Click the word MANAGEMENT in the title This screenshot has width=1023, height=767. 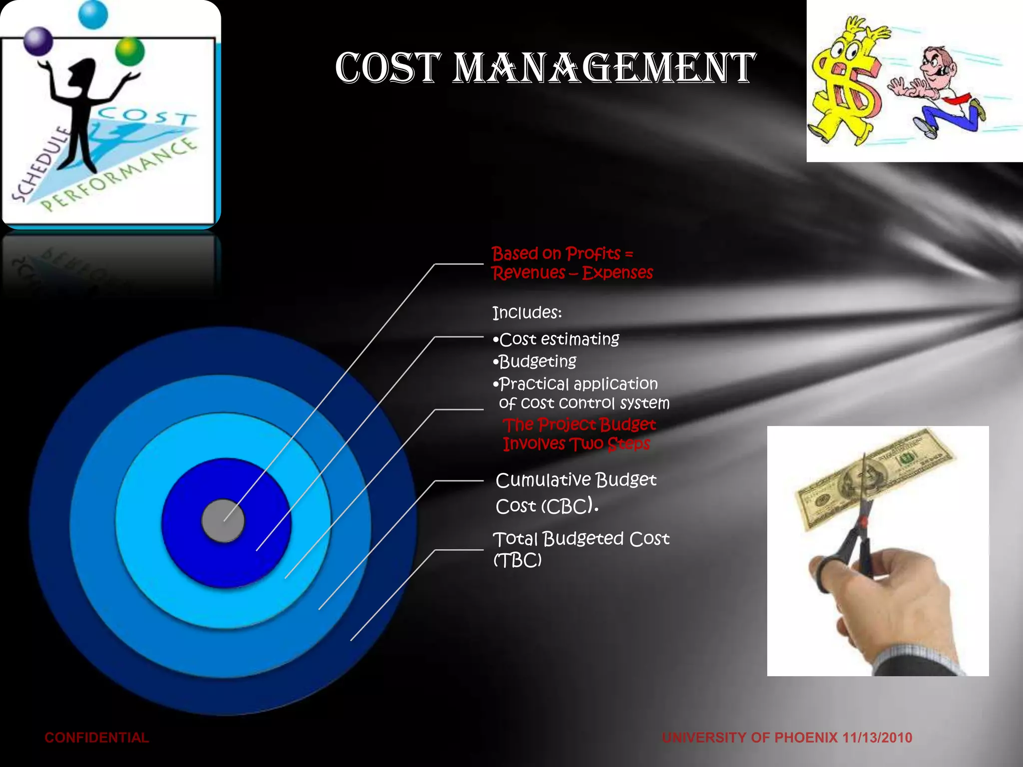(x=603, y=68)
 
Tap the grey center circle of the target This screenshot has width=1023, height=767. (x=223, y=520)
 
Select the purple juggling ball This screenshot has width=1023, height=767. (x=38, y=41)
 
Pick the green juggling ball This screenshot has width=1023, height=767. (x=129, y=51)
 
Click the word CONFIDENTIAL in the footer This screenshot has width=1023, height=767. (x=96, y=738)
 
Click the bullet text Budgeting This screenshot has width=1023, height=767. (x=537, y=362)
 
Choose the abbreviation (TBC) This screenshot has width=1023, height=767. (x=517, y=560)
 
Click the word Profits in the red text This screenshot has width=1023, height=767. (x=593, y=254)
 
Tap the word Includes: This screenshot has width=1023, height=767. (x=527, y=313)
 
